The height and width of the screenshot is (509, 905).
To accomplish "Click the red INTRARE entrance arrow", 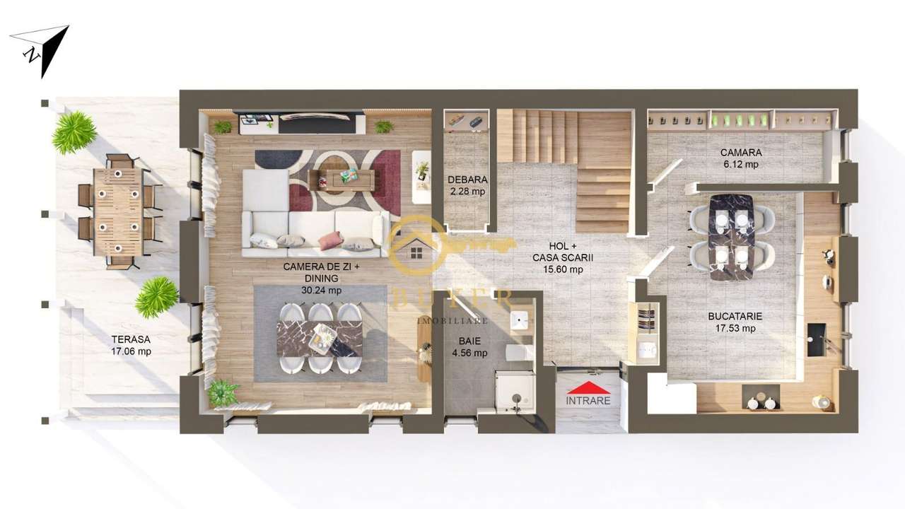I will pyautogui.click(x=588, y=387).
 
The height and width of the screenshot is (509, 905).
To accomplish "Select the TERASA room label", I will pyautogui.click(x=131, y=339).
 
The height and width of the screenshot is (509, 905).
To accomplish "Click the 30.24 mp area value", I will pyautogui.click(x=322, y=290).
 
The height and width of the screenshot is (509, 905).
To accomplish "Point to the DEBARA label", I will pyautogui.click(x=467, y=180).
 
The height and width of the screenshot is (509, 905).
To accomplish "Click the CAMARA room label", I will pyautogui.click(x=740, y=153).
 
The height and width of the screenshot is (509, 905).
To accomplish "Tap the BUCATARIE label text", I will pyautogui.click(x=735, y=317).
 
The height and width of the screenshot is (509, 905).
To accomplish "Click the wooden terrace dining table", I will pyautogui.click(x=118, y=212).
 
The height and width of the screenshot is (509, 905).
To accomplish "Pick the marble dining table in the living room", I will pyautogui.click(x=320, y=339).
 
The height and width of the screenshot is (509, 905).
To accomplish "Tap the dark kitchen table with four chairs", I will pyautogui.click(x=731, y=236).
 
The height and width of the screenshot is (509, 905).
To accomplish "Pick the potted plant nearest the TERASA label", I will pyautogui.click(x=157, y=297).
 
